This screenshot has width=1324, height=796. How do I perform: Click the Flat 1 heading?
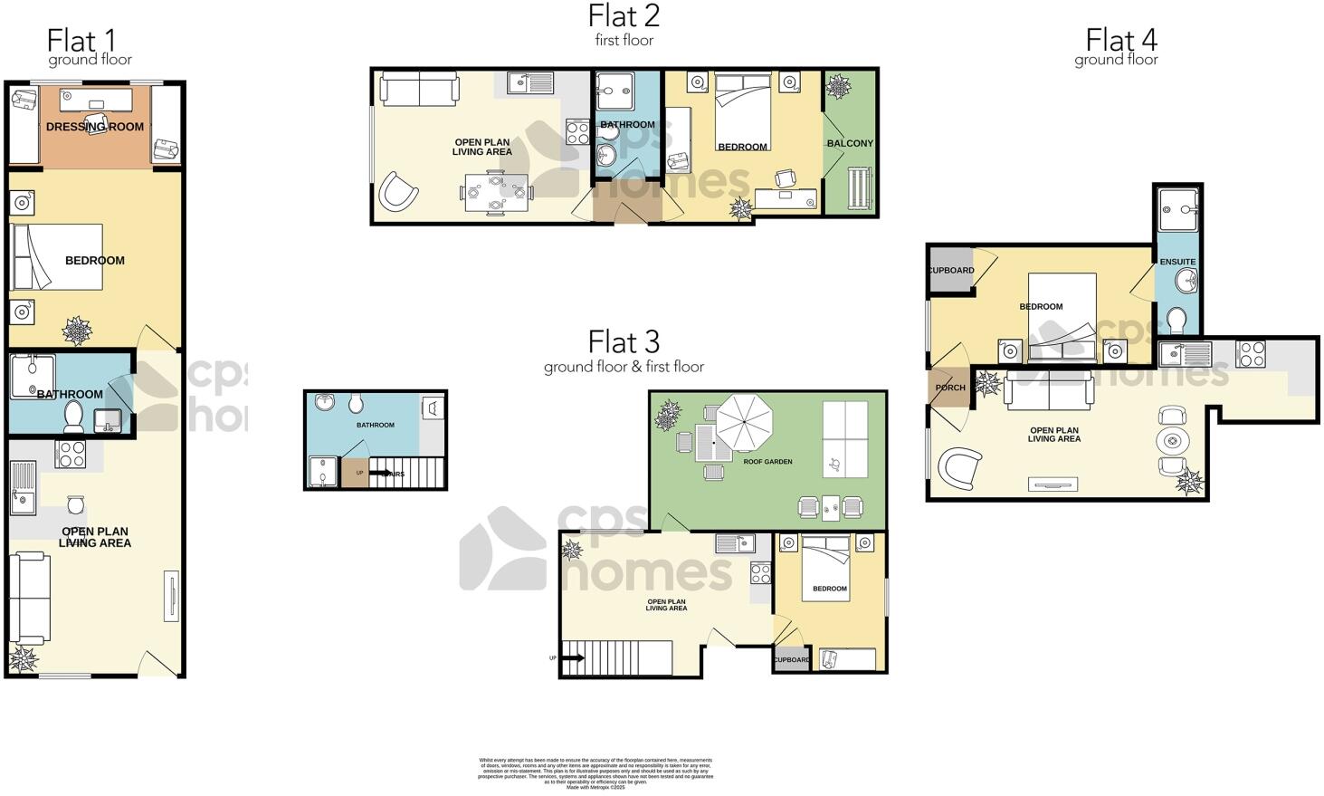81,41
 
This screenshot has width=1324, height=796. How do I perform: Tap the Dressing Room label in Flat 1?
95,127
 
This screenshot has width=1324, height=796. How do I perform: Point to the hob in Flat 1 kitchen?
70,454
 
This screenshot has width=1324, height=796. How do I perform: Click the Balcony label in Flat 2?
850,143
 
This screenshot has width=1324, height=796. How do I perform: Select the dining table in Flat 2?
495,192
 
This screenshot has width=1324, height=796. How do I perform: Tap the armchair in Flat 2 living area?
398,192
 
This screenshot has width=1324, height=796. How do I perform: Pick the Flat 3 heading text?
624,342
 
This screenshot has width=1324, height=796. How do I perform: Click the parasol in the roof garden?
744,421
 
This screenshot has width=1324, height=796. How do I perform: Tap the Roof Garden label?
767,462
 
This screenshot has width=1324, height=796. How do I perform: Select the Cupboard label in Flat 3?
792,659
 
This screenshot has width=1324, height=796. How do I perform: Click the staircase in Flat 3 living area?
615,657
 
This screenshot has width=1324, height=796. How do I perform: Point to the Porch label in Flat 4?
950,388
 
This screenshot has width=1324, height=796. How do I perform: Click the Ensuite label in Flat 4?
1177,262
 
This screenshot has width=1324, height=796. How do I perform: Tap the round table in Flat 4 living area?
1173,442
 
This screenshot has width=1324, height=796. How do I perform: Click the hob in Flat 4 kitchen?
1251,353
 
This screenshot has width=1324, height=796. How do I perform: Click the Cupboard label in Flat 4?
950,270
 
